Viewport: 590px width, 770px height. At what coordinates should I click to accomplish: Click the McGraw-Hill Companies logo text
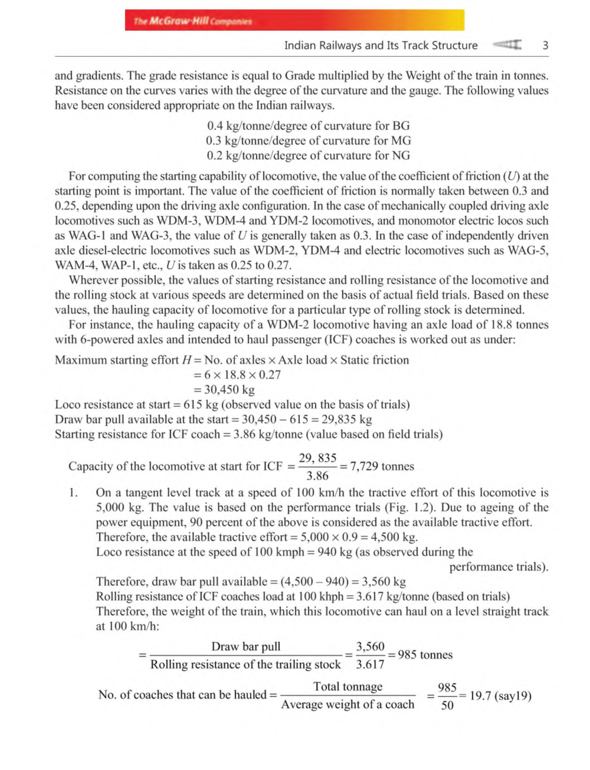(x=193, y=21)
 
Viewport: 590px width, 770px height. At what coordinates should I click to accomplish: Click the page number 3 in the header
(x=545, y=45)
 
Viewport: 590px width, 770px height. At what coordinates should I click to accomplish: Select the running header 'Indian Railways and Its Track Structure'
(x=381, y=45)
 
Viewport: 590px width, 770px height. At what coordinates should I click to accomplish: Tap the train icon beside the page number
(x=507, y=45)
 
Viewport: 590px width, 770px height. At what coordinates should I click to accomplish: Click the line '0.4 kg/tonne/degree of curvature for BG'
(x=308, y=126)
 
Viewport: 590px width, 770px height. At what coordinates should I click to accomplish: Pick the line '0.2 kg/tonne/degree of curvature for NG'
(x=308, y=155)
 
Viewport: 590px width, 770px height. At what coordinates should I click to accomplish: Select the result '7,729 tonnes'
(x=382, y=466)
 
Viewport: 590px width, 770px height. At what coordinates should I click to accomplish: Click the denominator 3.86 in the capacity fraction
(x=317, y=475)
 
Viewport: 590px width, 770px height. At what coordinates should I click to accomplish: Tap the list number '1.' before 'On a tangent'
(x=73, y=493)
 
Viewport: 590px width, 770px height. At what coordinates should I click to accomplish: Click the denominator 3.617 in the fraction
(x=370, y=664)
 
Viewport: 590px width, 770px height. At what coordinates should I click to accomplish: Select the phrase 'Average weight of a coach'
(x=348, y=705)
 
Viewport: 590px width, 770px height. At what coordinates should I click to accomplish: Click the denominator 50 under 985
(x=447, y=706)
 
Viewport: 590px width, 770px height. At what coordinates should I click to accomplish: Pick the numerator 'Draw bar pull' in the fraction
(x=246, y=646)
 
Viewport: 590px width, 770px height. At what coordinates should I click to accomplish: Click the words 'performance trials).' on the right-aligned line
(x=499, y=567)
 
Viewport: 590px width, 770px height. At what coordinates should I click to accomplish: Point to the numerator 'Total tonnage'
(x=348, y=686)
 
